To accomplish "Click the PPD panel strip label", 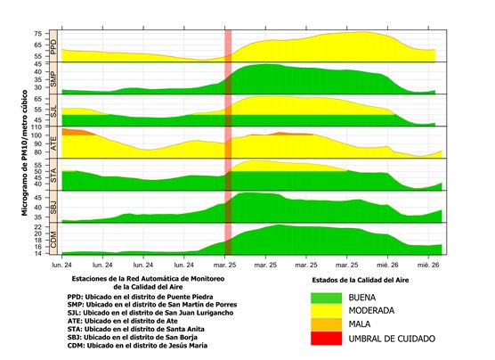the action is (x=53, y=46).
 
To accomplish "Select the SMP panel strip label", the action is (x=53, y=78).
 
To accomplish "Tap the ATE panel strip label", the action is (x=53, y=143).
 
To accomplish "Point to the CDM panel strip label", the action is (x=53, y=239).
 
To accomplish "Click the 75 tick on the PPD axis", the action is (x=37, y=34).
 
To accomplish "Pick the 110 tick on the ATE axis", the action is (x=36, y=127).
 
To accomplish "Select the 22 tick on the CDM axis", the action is (x=37, y=227).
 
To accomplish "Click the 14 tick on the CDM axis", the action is (x=37, y=253).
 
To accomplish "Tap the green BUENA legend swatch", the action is (x=326, y=298).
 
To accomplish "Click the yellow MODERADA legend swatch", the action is (x=326, y=311).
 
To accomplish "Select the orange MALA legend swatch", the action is (x=326, y=324).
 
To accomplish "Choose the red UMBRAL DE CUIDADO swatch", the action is (x=326, y=339).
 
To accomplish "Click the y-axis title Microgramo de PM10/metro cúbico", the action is (x=25, y=153).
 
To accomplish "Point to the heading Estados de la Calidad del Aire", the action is (x=361, y=280).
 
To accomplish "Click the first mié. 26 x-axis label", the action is (x=387, y=265).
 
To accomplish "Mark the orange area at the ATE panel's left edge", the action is (x=77, y=132).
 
